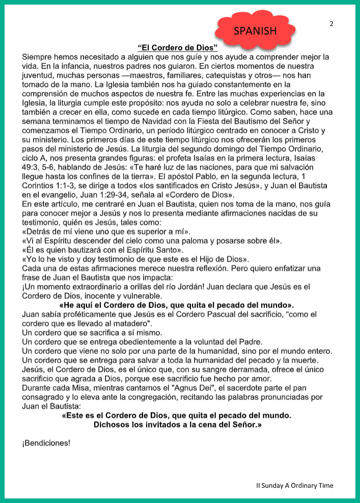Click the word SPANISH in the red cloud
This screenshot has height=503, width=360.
255,31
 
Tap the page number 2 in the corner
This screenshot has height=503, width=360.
331,24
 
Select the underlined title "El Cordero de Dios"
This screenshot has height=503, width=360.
178,48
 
